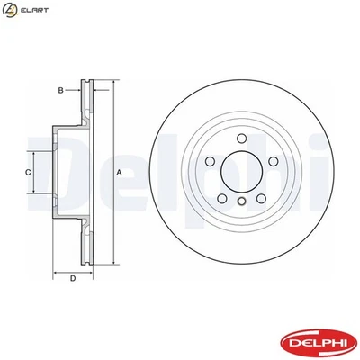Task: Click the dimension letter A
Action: click(x=119, y=172)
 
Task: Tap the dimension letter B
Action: click(x=60, y=91)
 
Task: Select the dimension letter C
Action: click(x=28, y=171)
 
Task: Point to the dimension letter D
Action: click(x=73, y=278)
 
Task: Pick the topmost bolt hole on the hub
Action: click(x=241, y=138)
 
